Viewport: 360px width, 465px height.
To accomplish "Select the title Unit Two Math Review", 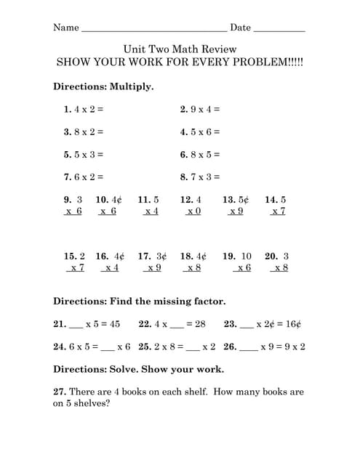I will pos(180,47).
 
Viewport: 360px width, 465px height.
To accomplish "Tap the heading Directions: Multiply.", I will pos(103,86).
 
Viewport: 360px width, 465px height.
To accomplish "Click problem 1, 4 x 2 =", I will pos(84,110).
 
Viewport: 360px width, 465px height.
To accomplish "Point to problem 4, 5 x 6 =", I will pos(200,132).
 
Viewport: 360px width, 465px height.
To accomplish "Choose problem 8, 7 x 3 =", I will pos(200,177).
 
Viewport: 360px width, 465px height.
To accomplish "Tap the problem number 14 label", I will pos(271,200).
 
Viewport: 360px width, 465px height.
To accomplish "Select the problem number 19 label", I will pos(228,256).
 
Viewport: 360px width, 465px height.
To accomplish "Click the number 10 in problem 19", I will pos(246,256).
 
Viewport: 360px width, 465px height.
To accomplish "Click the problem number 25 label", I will pos(144,347).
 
